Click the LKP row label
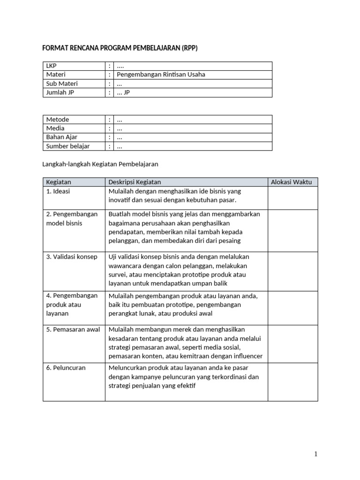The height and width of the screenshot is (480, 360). click(51, 66)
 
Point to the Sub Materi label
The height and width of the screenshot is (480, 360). click(62, 83)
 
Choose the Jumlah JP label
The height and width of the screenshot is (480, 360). click(60, 92)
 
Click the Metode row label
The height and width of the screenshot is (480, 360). click(57, 119)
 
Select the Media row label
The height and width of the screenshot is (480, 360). click(55, 128)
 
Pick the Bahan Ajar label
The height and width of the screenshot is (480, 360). click(61, 137)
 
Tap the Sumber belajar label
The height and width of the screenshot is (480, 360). click(68, 146)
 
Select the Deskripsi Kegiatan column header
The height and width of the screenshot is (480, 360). click(135, 182)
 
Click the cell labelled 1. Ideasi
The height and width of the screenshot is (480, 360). click(58, 191)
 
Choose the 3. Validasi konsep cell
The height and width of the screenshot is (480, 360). click(72, 256)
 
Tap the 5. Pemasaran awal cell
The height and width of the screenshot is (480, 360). click(73, 330)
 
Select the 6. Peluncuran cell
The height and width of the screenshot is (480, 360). click(66, 368)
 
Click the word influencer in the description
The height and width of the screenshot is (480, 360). click(246, 356)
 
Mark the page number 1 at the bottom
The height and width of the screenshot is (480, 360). click(316, 454)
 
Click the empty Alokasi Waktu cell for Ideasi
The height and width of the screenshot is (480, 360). click(292, 197)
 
